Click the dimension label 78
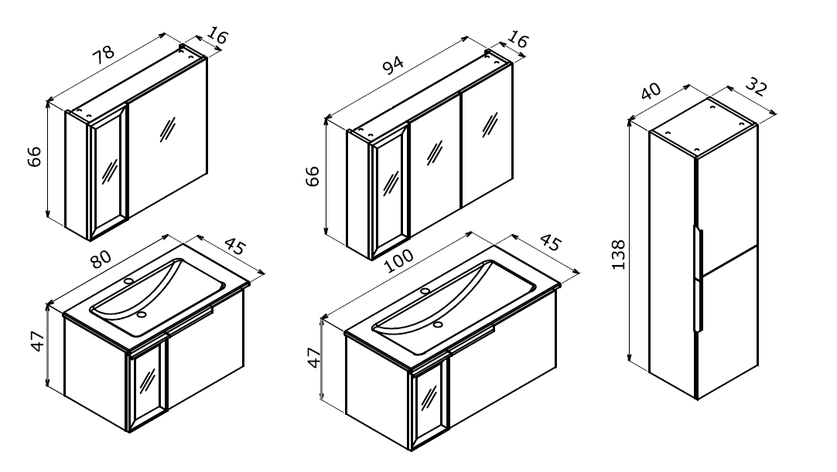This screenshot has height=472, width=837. tap(104, 54)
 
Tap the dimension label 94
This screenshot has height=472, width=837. tap(394, 65)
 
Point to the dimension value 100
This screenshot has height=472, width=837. tap(398, 260)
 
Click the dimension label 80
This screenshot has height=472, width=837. tap(101, 259)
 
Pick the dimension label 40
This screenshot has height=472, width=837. tap(651, 91)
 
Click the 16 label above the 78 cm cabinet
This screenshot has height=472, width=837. tap(217, 36)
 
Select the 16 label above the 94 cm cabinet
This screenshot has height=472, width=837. tap(518, 39)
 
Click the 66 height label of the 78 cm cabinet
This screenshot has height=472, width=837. tap(33, 156)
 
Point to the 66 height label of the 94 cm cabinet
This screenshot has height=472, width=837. tap(313, 177)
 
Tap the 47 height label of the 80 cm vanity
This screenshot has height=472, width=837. tap(37, 341)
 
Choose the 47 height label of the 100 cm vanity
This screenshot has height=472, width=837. tap(315, 358)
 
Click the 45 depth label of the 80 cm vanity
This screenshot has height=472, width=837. tap(235, 247)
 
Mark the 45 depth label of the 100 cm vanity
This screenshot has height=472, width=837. tap(551, 243)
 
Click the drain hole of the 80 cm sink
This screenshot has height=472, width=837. tap(142, 314)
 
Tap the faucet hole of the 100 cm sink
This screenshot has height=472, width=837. tap(425, 290)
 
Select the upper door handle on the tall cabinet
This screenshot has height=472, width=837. tap(699, 248)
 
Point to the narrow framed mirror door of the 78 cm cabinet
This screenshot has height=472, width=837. tap(108, 171)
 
